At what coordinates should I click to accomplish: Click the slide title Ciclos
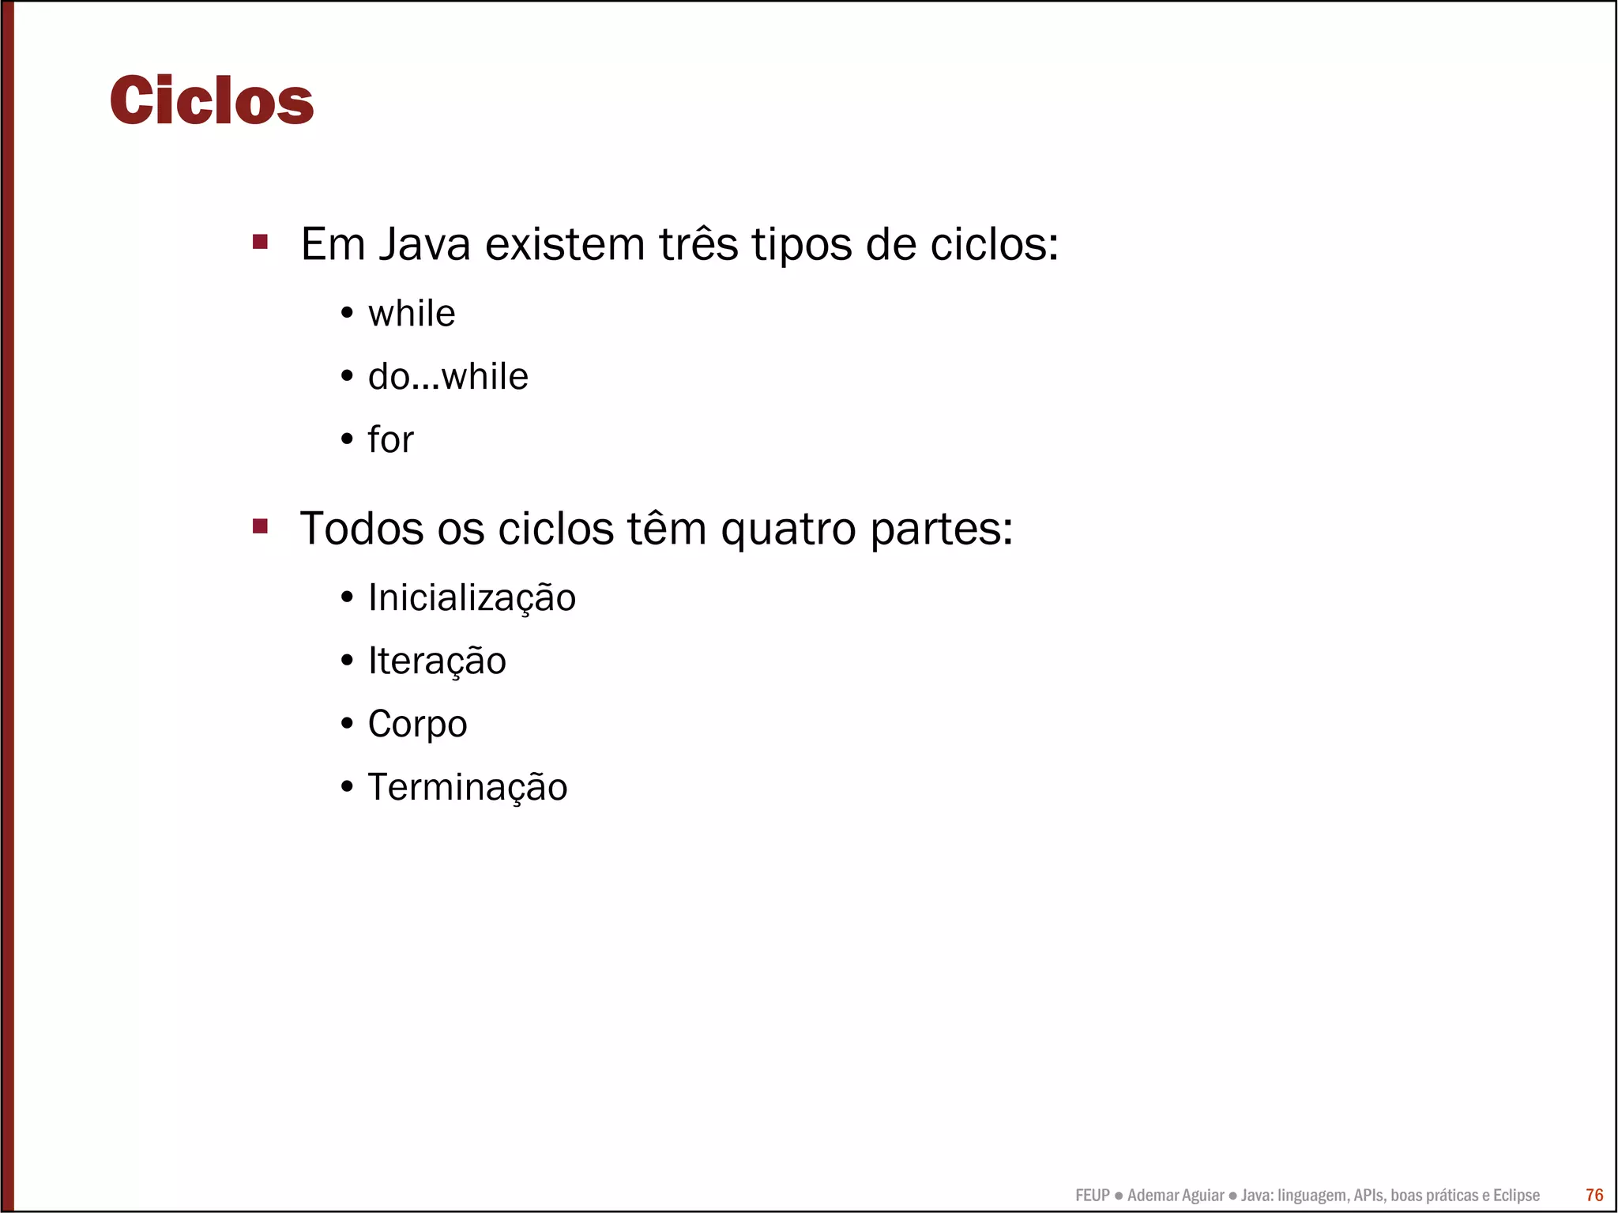click(212, 101)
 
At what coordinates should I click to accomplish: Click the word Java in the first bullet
click(424, 244)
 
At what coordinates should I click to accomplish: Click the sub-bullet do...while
click(447, 377)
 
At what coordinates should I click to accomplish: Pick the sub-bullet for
click(390, 440)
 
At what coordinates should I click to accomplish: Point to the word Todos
click(361, 529)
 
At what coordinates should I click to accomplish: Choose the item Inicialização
click(472, 598)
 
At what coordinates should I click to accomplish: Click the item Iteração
click(437, 661)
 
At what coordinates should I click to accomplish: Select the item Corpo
click(417, 725)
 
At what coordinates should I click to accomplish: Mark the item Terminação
click(467, 788)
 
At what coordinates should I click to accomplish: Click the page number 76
click(1594, 1195)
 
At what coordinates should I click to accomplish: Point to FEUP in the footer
click(1092, 1196)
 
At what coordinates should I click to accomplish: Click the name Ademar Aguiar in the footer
click(1175, 1196)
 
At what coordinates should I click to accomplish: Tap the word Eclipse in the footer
click(1516, 1196)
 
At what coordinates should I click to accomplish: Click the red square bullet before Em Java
click(260, 242)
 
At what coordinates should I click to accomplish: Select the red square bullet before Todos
click(260, 526)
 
